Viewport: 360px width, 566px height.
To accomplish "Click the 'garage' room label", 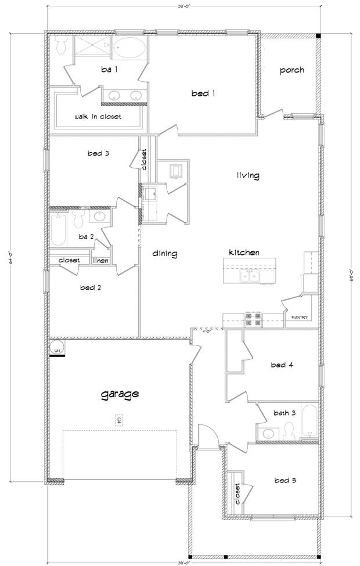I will point(120,394).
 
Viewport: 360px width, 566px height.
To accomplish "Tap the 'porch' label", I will point(292,70).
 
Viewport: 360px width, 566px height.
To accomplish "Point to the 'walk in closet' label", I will point(98,117).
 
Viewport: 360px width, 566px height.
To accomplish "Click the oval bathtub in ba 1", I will point(129,49).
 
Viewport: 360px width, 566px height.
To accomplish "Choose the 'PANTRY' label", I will point(300,318).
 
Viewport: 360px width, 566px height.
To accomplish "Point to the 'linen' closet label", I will point(100,261).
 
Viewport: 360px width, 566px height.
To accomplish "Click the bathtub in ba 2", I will point(59,229).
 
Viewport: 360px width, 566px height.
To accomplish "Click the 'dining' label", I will point(165,254).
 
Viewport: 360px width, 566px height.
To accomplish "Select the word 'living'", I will point(248,175).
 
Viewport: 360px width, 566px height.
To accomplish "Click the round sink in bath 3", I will point(269,433).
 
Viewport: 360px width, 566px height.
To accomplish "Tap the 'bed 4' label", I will point(282,365).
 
